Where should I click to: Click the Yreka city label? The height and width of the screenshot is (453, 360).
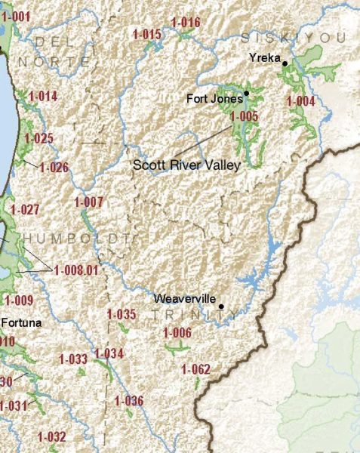tap(265, 57)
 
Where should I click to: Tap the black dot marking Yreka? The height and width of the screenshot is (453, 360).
tap(285, 63)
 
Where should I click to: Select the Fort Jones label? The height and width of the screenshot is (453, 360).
tap(214, 98)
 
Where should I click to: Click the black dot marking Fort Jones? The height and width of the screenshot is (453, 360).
tap(247, 93)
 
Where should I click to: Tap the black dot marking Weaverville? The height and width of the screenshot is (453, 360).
tap(220, 306)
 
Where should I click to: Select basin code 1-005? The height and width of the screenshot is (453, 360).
tap(244, 116)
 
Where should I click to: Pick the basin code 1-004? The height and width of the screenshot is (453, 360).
tap(300, 100)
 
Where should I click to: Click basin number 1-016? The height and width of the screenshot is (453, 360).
tap(185, 22)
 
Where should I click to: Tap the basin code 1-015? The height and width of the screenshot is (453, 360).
tap(146, 34)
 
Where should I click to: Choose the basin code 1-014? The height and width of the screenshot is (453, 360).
tap(43, 96)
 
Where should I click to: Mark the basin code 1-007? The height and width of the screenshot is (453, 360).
tap(88, 202)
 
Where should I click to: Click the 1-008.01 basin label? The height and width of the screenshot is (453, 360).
tap(75, 269)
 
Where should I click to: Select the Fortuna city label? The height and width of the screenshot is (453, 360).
tap(21, 322)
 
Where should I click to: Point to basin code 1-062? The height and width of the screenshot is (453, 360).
tap(195, 368)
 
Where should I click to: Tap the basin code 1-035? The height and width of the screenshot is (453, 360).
tap(121, 314)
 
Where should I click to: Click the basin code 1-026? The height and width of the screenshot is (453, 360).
tap(54, 167)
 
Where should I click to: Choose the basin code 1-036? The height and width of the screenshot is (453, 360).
tap(128, 400)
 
